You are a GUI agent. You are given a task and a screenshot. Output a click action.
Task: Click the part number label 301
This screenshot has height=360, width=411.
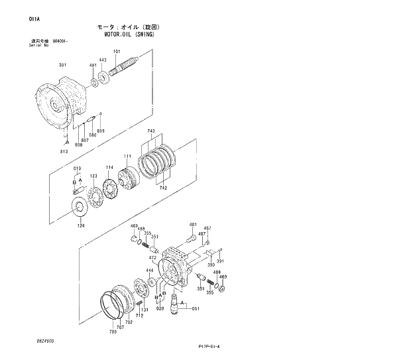pyautogui.click(x=62, y=65)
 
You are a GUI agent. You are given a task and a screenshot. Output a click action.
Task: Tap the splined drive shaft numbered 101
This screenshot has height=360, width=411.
pyautogui.click(x=125, y=68)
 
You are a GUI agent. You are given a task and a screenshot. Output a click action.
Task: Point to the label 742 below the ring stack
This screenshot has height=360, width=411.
pyautogui.click(x=163, y=189)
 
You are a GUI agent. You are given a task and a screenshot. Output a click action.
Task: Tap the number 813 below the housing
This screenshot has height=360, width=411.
pyautogui.click(x=64, y=152)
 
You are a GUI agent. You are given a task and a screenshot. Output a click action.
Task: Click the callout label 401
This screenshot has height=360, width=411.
pyautogui.click(x=193, y=225)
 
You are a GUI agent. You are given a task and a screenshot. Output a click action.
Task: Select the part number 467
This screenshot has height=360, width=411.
pyautogui.click(x=207, y=229)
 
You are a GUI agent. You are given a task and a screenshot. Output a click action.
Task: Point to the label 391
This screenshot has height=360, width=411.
pyautogui.click(x=219, y=261)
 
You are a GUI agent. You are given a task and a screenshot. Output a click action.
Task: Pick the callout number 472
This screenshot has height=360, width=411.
pyautogui.click(x=152, y=257)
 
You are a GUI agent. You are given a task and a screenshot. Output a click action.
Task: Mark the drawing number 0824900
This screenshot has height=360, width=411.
pyautogui.click(x=46, y=340)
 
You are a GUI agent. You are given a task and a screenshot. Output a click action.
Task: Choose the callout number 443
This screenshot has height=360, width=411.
pyautogui.click(x=103, y=60)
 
